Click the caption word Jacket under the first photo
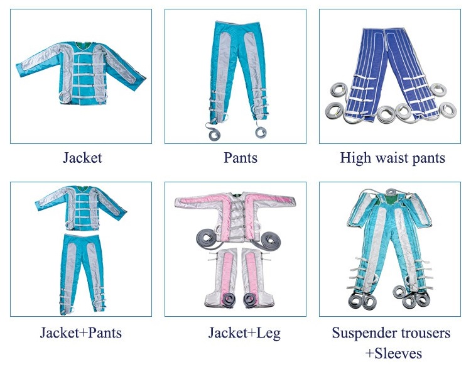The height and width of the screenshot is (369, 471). [82, 158]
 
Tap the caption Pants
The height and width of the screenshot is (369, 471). [241, 158]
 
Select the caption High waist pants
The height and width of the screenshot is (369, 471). [392, 158]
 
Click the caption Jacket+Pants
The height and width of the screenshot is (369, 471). [82, 333]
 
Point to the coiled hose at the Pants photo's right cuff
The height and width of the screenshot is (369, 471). [259, 131]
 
